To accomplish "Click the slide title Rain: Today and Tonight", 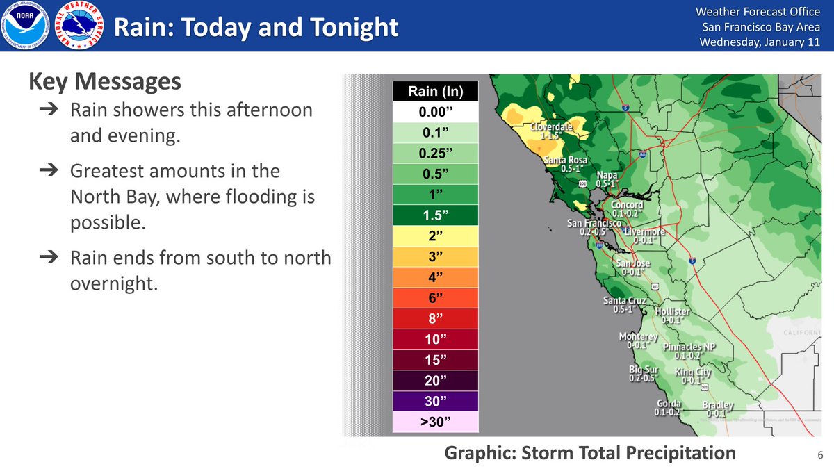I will pyautogui.click(x=256, y=28).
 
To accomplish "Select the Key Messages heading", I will pyautogui.click(x=104, y=82).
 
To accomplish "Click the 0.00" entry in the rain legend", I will pyautogui.click(x=436, y=112).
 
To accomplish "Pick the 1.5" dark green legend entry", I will pyautogui.click(x=436, y=215).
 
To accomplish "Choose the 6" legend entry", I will pyautogui.click(x=436, y=298).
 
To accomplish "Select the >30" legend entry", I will pyautogui.click(x=436, y=422).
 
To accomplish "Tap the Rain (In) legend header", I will pyautogui.click(x=436, y=92).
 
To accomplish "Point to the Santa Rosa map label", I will pyautogui.click(x=565, y=161).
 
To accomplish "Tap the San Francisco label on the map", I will pyautogui.click(x=594, y=224).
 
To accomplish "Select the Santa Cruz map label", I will pyautogui.click(x=624, y=301).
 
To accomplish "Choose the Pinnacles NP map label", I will pyautogui.click(x=689, y=347).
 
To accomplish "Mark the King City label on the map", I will pyautogui.click(x=693, y=372).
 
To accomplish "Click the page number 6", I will pyautogui.click(x=820, y=455).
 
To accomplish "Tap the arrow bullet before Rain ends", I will pyautogui.click(x=52, y=257).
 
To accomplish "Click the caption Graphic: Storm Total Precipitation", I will pyautogui.click(x=590, y=453).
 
